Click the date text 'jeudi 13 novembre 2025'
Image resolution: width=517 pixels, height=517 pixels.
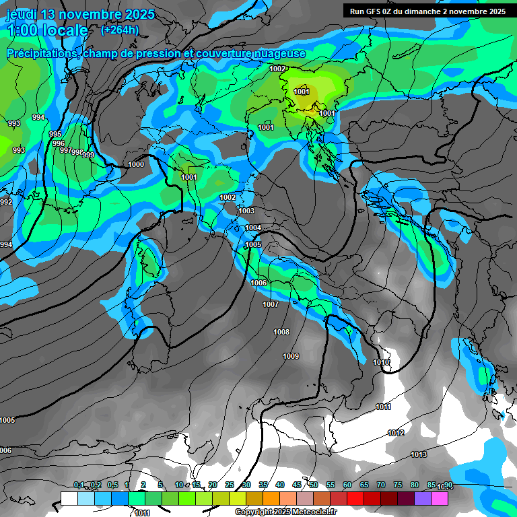tap(80, 14)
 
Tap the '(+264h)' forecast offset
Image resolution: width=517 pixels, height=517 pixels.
tap(119, 30)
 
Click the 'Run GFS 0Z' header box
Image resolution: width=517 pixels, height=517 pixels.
tap(427, 11)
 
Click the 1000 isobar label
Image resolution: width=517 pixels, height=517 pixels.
tap(136, 164)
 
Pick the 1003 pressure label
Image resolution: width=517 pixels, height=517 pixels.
tap(246, 211)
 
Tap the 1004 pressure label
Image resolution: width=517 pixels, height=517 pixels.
tap(253, 228)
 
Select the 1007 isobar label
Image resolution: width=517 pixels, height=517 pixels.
tap(271, 304)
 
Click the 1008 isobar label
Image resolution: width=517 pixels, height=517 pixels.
tap(281, 332)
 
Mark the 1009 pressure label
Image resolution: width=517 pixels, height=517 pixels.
tap(291, 356)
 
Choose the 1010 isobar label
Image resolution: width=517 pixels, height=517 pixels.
tap(382, 362)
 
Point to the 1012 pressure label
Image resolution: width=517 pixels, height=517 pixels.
tap(396, 433)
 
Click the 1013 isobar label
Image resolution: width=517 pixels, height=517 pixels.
tap(419, 455)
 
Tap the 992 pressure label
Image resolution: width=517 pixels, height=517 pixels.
tap(6, 202)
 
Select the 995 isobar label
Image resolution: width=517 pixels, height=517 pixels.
tap(55, 135)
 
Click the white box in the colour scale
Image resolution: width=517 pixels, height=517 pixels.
tap(69, 498)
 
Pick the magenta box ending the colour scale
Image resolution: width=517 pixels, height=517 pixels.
tap(440, 498)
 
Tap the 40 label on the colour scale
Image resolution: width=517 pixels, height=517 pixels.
tap(280, 485)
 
